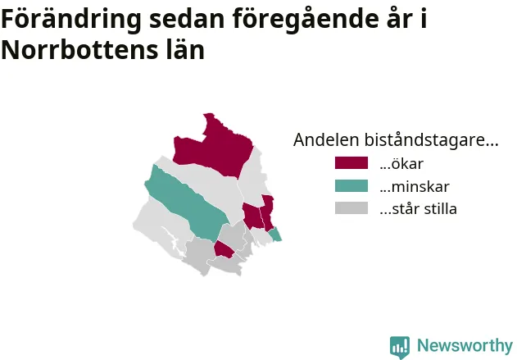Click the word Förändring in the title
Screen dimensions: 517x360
coord(71,20)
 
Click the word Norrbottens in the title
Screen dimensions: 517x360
coord(75,50)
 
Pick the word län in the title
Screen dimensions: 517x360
coord(185,49)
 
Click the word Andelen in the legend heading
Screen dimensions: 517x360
coord(326,139)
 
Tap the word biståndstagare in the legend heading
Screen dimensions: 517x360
coord(425,139)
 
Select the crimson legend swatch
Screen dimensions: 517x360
coord(351,163)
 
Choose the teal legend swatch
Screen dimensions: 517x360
coord(351,186)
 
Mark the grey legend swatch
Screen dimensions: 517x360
coord(351,208)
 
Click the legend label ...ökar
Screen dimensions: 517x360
coord(401,163)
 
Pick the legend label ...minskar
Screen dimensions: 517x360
coord(415,186)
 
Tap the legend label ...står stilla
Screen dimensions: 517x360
coord(418,209)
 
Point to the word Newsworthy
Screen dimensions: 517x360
coord(465,345)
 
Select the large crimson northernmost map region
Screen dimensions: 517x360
coord(218,148)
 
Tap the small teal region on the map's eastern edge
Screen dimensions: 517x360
coord(275,235)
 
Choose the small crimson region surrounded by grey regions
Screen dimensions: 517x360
coord(224,250)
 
